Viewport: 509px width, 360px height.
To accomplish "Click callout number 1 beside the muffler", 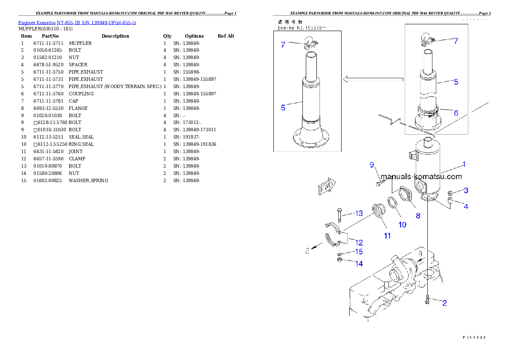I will (x=463, y=164).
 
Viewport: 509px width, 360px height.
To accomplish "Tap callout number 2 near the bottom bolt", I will (x=444, y=303).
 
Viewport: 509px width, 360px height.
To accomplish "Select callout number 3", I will (x=466, y=190).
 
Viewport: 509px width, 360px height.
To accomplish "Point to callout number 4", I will (x=466, y=207).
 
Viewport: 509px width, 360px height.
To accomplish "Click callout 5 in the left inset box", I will (x=283, y=108).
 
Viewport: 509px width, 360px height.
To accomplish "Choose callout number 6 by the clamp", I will (x=456, y=113).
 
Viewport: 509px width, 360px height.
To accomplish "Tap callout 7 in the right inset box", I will (x=456, y=41).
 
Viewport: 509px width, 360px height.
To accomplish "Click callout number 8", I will (x=418, y=216).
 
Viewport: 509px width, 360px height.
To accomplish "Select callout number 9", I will (x=372, y=165).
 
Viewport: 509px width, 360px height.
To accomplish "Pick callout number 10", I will (x=402, y=224).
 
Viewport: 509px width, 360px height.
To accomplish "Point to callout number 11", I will (x=387, y=236).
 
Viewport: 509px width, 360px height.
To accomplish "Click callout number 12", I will (x=359, y=242).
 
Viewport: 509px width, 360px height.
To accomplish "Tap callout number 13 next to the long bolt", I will (x=358, y=213).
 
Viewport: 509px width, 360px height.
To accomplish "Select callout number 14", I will (x=359, y=264).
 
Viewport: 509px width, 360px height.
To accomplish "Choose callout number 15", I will (x=359, y=252).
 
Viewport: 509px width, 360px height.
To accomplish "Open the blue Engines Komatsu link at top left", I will (x=77, y=22).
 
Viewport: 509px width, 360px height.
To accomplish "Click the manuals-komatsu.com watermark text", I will (x=421, y=177).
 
